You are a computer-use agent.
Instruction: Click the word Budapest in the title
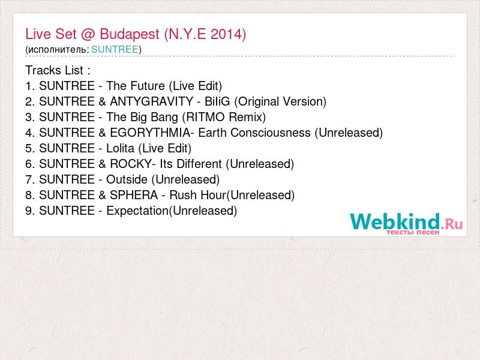click(130, 34)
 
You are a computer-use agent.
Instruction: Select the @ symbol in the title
click(88, 34)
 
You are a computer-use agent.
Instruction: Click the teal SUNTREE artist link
click(115, 49)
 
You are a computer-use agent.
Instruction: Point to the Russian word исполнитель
click(57, 50)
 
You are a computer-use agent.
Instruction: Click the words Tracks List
click(54, 70)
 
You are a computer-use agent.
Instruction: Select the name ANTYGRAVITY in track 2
click(152, 101)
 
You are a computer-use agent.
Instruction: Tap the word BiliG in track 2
click(217, 101)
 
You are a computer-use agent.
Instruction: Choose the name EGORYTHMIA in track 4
click(150, 133)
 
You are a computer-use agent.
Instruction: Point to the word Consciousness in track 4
click(271, 133)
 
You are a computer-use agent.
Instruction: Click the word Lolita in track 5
click(121, 148)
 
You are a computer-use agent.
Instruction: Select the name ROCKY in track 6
click(131, 164)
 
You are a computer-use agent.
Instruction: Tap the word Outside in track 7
click(127, 179)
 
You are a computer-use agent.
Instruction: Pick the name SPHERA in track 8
click(134, 195)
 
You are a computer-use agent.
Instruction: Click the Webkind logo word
click(395, 221)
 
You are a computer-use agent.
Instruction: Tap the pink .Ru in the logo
click(452, 224)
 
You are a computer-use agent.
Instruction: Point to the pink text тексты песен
click(413, 232)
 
